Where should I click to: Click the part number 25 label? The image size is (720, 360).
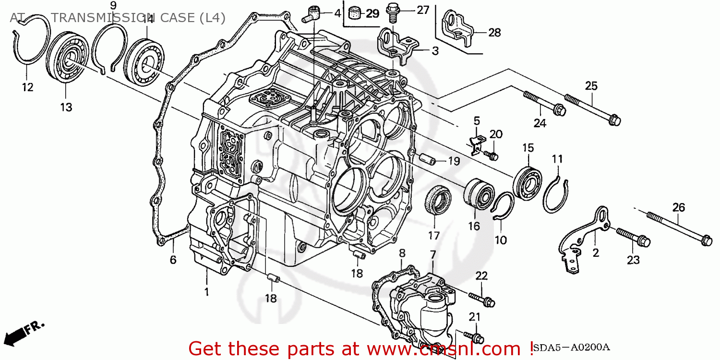pyautogui.click(x=591, y=86)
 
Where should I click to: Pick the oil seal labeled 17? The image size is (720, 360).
pyautogui.click(x=438, y=199)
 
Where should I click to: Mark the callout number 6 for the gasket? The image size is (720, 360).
pyautogui.click(x=173, y=260)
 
